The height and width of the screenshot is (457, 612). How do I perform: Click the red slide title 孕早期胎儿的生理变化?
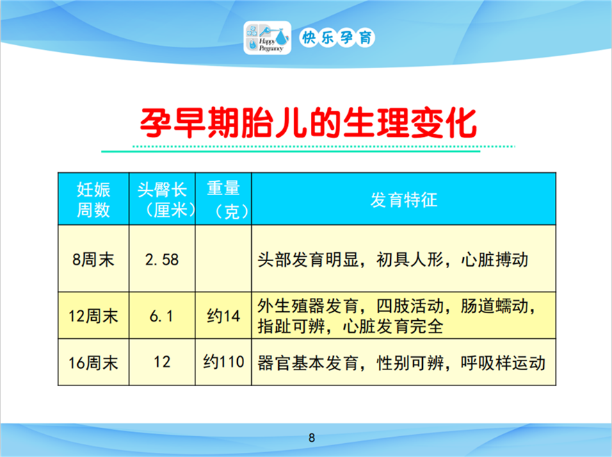pyautogui.click(x=308, y=123)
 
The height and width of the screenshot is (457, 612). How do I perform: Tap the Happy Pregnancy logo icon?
pyautogui.click(x=267, y=38)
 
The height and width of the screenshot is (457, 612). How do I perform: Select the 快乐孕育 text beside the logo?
pyautogui.click(x=337, y=38)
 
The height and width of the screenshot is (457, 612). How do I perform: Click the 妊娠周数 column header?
pyautogui.click(x=93, y=199)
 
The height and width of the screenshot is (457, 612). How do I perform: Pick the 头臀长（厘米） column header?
pyautogui.click(x=162, y=199)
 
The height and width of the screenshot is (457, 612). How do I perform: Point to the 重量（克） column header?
pyautogui.click(x=223, y=199)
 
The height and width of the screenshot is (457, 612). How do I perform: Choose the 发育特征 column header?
pyautogui.click(x=403, y=199)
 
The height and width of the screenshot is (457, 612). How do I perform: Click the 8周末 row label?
pyautogui.click(x=93, y=260)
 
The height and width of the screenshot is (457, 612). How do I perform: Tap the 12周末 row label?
pyautogui.click(x=93, y=316)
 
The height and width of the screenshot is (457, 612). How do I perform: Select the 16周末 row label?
pyautogui.click(x=93, y=363)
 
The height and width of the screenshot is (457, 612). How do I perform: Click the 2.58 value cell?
pyautogui.click(x=162, y=260)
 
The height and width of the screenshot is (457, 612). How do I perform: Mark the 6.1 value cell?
pyautogui.click(x=161, y=316)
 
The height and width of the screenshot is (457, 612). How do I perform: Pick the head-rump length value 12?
pyautogui.click(x=162, y=362)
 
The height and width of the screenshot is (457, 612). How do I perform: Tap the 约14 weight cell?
pyautogui.click(x=223, y=316)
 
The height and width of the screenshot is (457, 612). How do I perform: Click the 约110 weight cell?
pyautogui.click(x=223, y=362)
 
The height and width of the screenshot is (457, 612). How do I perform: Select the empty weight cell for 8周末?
pyautogui.click(x=223, y=258)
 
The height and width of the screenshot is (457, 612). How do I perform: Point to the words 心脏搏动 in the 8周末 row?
pyautogui.click(x=494, y=260)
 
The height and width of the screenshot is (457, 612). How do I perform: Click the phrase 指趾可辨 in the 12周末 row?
pyautogui.click(x=291, y=326)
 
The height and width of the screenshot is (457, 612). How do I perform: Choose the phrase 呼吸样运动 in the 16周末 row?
pyautogui.click(x=503, y=363)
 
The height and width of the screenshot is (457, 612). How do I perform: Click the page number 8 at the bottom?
pyautogui.click(x=312, y=438)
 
